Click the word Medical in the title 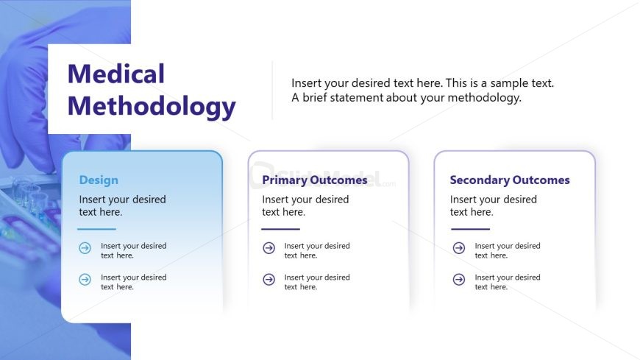[115, 74]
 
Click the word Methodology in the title [151, 106]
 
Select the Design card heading [99, 180]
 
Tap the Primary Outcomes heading [314, 180]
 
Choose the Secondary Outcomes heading [509, 180]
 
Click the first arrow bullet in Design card [85, 249]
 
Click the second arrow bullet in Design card [85, 280]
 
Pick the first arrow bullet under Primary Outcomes [269, 249]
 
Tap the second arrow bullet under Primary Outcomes [269, 280]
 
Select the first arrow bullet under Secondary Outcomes [459, 249]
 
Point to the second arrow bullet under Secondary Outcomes [459, 280]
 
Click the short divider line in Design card [97, 229]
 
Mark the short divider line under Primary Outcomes [280, 229]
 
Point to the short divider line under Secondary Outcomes [470, 229]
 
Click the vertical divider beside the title [272, 90]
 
